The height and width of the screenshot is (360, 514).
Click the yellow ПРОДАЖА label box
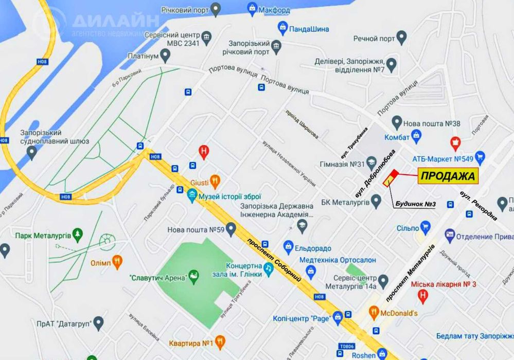pyautogui.click(x=448, y=176)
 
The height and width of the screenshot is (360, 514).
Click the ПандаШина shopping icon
pyautogui.click(x=282, y=26)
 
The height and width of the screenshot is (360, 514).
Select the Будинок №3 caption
pyautogui.click(x=416, y=204)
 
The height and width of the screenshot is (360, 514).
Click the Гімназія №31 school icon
pyautogui.click(x=373, y=165)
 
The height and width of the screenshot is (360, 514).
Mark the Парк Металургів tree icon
pyautogui.click(x=78, y=235)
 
